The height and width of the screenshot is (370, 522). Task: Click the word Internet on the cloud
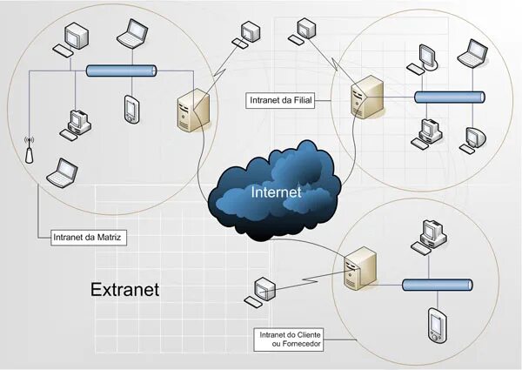(x=276, y=192)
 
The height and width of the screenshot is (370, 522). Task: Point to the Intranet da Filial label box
(x=280, y=101)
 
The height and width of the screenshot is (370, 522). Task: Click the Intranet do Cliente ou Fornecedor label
(x=291, y=340)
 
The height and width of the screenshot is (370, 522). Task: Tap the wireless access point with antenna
(x=28, y=151)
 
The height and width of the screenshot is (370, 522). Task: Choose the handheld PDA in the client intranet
(x=436, y=324)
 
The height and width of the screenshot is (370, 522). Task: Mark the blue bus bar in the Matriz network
(x=121, y=72)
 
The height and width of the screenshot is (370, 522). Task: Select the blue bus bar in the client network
(x=437, y=284)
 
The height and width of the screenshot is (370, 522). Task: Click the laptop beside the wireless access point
(x=62, y=173)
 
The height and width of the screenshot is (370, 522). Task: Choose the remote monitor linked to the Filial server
(x=306, y=30)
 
